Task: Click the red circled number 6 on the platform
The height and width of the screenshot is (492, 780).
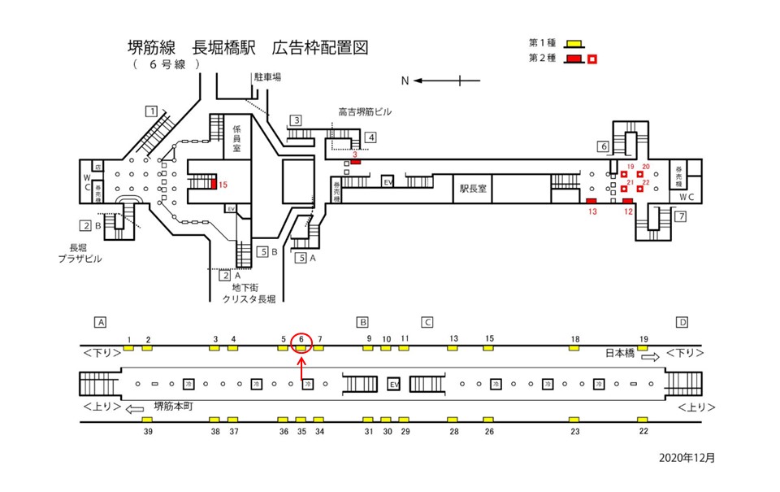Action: (x=301, y=339)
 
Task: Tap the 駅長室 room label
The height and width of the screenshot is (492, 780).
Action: (x=472, y=188)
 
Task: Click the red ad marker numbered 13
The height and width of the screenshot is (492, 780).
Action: (x=591, y=201)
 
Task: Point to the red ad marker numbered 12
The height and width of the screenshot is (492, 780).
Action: (x=627, y=201)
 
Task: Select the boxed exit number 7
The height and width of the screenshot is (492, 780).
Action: (x=681, y=216)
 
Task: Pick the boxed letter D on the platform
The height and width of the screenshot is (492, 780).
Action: (x=682, y=322)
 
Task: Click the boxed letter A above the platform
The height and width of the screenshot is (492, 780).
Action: (x=101, y=322)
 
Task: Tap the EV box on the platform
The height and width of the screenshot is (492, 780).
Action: (x=395, y=384)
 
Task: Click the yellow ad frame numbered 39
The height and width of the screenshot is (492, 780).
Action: (x=148, y=420)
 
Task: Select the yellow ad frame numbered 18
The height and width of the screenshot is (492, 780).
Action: (x=574, y=348)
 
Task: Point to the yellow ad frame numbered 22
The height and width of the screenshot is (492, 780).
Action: (x=643, y=420)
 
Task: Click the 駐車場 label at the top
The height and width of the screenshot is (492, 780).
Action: (x=266, y=77)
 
